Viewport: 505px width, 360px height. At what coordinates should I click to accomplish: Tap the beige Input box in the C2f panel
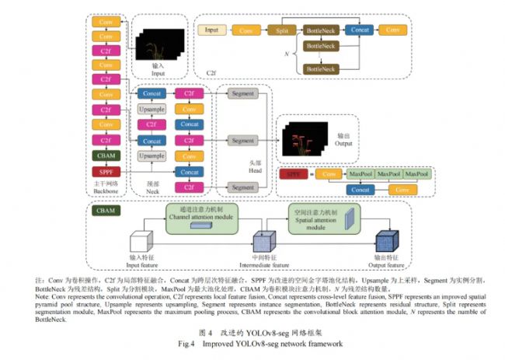pos(211,30)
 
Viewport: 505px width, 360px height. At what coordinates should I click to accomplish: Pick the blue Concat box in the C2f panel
pos(358,30)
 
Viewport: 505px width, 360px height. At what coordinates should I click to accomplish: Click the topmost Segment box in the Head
pos(242,93)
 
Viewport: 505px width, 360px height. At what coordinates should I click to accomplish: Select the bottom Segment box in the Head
pos(242,187)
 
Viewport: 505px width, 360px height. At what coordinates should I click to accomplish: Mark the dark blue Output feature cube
pos(385,241)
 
